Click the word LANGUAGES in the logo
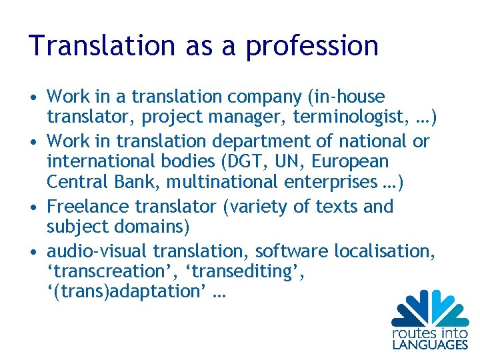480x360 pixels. click(x=429, y=344)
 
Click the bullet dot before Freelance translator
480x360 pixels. click(x=33, y=207)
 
